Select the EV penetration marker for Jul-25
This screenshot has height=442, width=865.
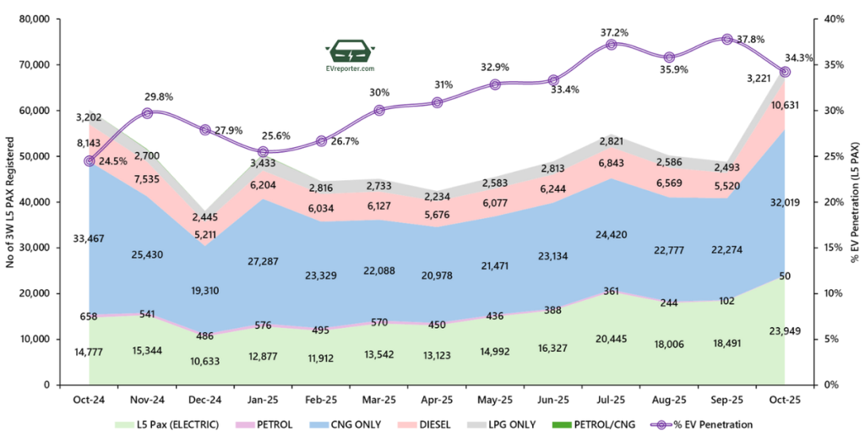point(611,44)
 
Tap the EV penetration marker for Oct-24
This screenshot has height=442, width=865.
point(89,161)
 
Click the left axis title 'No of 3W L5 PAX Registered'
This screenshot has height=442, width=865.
point(11,202)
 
